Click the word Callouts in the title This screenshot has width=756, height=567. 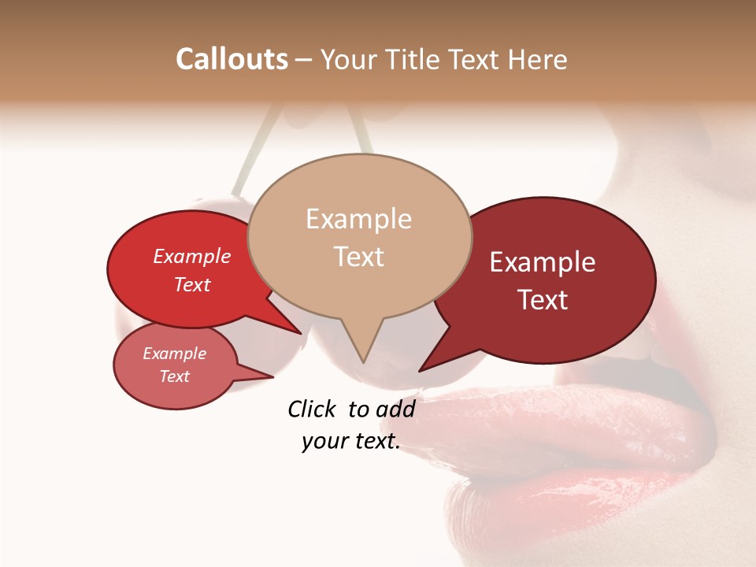[232, 59]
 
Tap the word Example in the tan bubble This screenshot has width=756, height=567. [358, 219]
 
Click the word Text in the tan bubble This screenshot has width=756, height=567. [358, 257]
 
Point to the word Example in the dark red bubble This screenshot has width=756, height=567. [543, 262]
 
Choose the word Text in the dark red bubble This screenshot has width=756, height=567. [543, 300]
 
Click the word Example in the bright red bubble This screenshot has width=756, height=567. [191, 257]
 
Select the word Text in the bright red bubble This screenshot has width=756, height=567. [191, 284]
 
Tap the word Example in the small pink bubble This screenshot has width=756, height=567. [174, 354]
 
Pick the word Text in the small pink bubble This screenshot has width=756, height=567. [174, 376]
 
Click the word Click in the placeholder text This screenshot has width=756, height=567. [313, 409]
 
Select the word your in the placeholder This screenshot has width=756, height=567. [324, 441]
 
